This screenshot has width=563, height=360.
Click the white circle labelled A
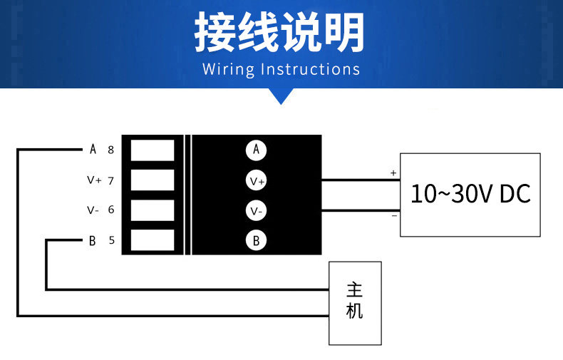[256, 150]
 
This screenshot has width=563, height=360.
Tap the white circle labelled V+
[256, 180]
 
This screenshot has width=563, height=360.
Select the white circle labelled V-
[256, 210]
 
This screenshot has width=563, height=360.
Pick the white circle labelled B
[256, 240]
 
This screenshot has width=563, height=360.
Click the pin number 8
[111, 150]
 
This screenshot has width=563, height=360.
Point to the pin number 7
[111, 180]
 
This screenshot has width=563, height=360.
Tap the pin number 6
[111, 210]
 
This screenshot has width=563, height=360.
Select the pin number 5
[112, 240]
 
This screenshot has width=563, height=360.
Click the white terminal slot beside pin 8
[153, 150]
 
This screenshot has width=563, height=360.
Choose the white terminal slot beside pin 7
[153, 180]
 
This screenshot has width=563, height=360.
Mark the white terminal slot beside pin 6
[153, 210]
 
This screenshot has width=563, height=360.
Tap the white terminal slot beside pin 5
[153, 240]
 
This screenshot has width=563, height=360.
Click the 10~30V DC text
[470, 194]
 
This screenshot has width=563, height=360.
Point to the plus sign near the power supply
[393, 173]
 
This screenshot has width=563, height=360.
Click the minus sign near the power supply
[394, 215]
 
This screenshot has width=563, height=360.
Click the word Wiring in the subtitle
[228, 69]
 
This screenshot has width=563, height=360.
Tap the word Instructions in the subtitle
[311, 69]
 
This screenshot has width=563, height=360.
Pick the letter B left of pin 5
[92, 241]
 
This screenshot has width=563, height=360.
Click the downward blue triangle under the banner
[281, 96]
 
